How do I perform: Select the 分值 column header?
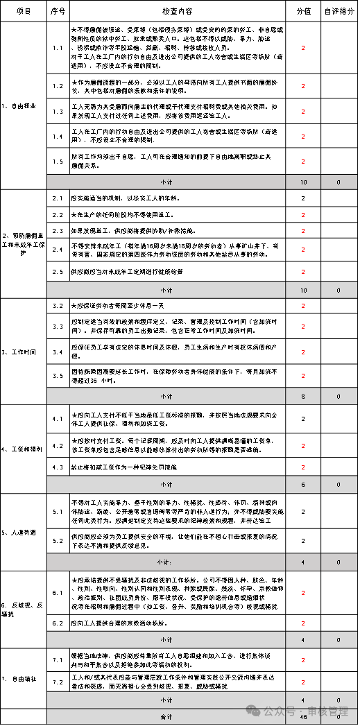tap(302, 11)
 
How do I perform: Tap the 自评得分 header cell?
tap(338, 11)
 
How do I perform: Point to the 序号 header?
tap(58, 11)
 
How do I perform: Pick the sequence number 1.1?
tap(58, 47)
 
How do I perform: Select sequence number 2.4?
tap(58, 248)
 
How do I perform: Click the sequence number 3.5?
tap(58, 376)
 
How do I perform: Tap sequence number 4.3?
tap(58, 467)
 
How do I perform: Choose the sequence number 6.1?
tap(58, 593)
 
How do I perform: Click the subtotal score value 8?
tap(302, 396)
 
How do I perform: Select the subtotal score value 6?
tap(302, 483)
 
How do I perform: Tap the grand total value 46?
tap(302, 716)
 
